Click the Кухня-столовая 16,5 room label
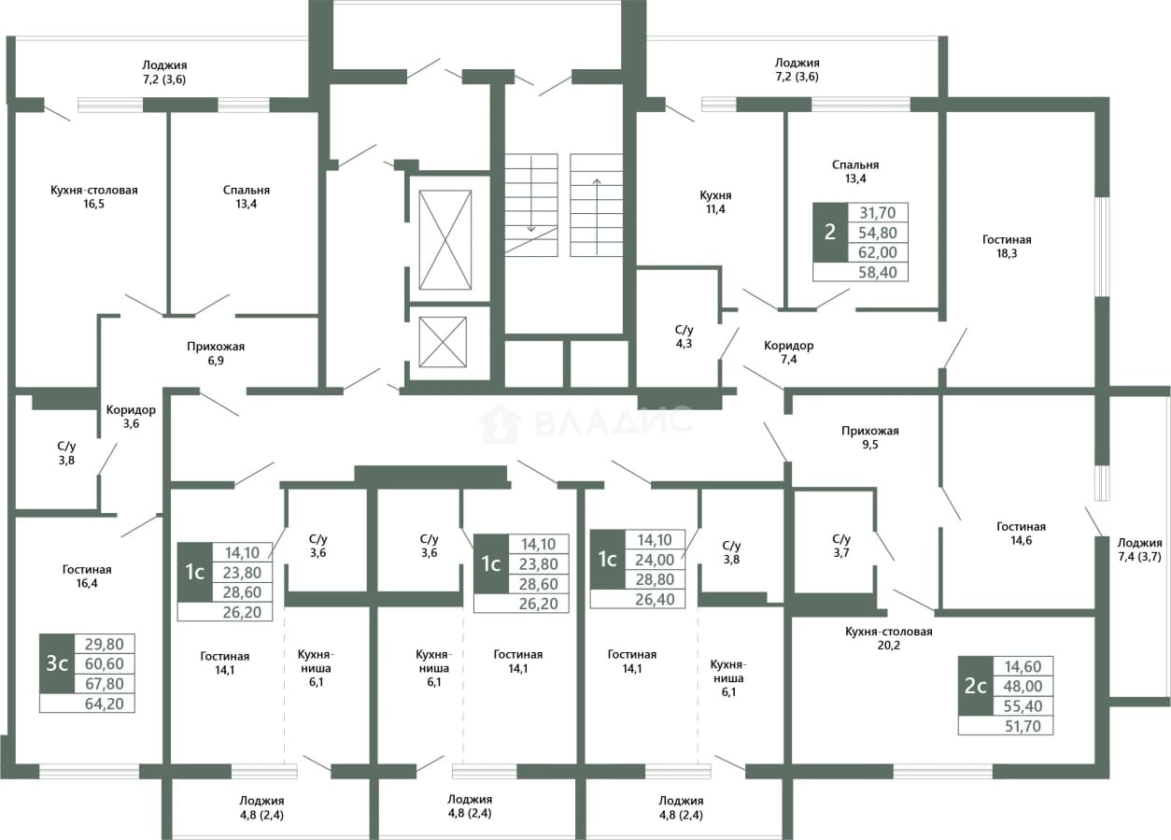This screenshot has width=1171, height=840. (94, 196)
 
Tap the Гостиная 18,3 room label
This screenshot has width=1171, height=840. (1007, 247)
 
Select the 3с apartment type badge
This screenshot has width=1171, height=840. (57, 663)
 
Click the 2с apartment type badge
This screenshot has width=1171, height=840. (976, 686)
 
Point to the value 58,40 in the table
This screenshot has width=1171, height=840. (877, 272)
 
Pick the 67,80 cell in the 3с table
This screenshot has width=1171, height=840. (105, 684)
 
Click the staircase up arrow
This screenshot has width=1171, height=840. (597, 217)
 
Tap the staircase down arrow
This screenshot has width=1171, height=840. (531, 193)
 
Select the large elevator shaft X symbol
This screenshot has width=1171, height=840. (444, 239)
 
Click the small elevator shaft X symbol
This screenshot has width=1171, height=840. (443, 342)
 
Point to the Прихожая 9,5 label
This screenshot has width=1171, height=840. (870, 437)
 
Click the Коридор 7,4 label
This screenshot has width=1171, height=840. (788, 352)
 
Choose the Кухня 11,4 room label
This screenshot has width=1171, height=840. (715, 202)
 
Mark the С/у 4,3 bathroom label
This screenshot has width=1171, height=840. (684, 336)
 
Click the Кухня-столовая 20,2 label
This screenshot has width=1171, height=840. (889, 638)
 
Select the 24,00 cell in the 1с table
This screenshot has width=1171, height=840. (655, 560)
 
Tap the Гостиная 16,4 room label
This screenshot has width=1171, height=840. (87, 576)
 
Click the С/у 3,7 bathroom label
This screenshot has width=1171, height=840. (841, 546)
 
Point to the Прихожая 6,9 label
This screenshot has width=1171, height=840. (216, 353)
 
